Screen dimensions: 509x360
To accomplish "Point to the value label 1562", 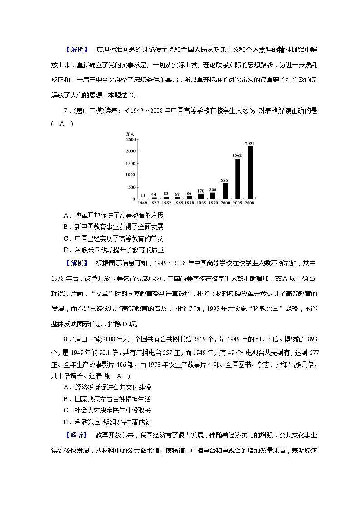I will pyautogui.click(x=237, y=155).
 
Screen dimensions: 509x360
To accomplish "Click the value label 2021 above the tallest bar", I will pyautogui.click(x=250, y=144).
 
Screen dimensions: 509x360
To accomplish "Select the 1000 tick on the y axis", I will pyautogui.click(x=131, y=175).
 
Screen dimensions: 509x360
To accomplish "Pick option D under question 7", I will pyautogui.click(x=114, y=250).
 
